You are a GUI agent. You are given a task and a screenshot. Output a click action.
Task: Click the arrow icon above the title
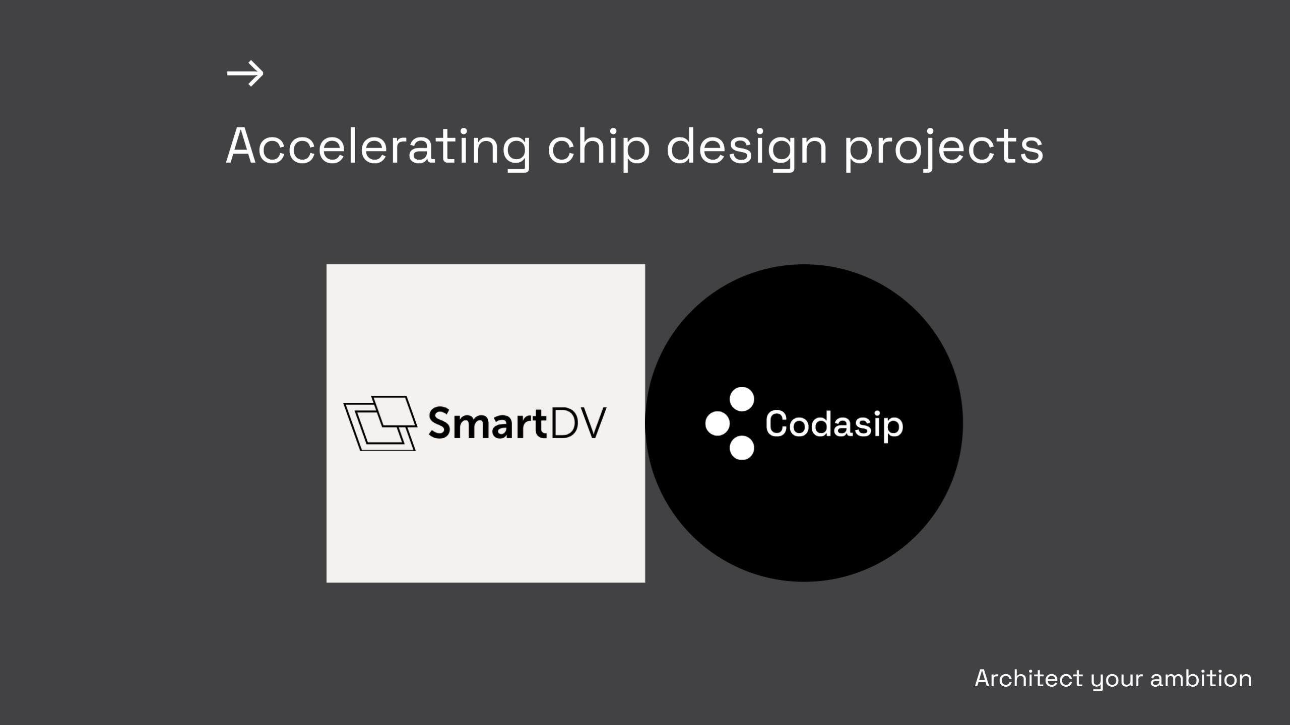(x=245, y=74)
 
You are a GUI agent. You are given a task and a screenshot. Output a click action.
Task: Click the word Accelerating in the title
(x=378, y=147)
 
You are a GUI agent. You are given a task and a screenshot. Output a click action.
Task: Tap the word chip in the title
(x=599, y=147)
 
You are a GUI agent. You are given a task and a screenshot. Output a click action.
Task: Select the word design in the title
(x=747, y=147)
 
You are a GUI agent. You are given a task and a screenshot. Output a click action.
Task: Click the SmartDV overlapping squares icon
(x=380, y=423)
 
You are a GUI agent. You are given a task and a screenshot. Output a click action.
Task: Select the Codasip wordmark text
(x=834, y=424)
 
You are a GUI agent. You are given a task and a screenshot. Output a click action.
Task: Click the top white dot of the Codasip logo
(x=742, y=399)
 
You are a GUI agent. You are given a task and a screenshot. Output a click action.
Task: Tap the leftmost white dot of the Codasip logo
(x=718, y=423)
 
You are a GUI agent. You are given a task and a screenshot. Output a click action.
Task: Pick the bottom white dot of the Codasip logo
(x=742, y=448)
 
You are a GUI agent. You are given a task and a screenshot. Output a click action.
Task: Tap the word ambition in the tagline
(x=1201, y=679)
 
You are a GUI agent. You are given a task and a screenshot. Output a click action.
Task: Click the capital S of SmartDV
(x=440, y=424)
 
